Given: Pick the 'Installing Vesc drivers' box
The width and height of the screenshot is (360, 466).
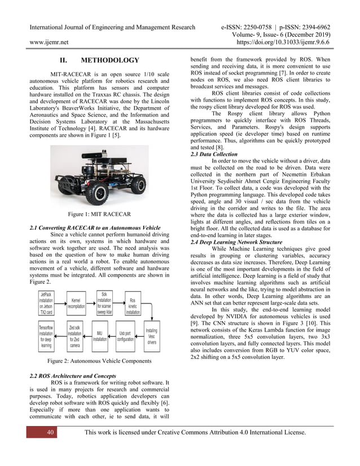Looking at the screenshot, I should pyautogui.click(x=152, y=336).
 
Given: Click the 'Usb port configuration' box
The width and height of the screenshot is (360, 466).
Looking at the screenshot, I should pyautogui.click(x=125, y=336).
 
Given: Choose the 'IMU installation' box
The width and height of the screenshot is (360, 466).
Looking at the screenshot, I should pyautogui.click(x=100, y=336).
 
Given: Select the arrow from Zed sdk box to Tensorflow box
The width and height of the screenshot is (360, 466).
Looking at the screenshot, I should pyautogui.click(x=62, y=336).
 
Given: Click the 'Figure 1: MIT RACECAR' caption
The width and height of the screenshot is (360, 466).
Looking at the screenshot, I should pyautogui.click(x=99, y=214).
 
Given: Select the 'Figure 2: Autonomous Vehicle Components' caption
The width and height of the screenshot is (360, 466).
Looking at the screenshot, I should pyautogui.click(x=100, y=361).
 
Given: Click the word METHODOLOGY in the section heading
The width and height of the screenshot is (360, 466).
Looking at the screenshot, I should pyautogui.click(x=110, y=60).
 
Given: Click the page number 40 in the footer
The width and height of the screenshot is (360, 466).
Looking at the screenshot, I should pyautogui.click(x=34, y=432).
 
